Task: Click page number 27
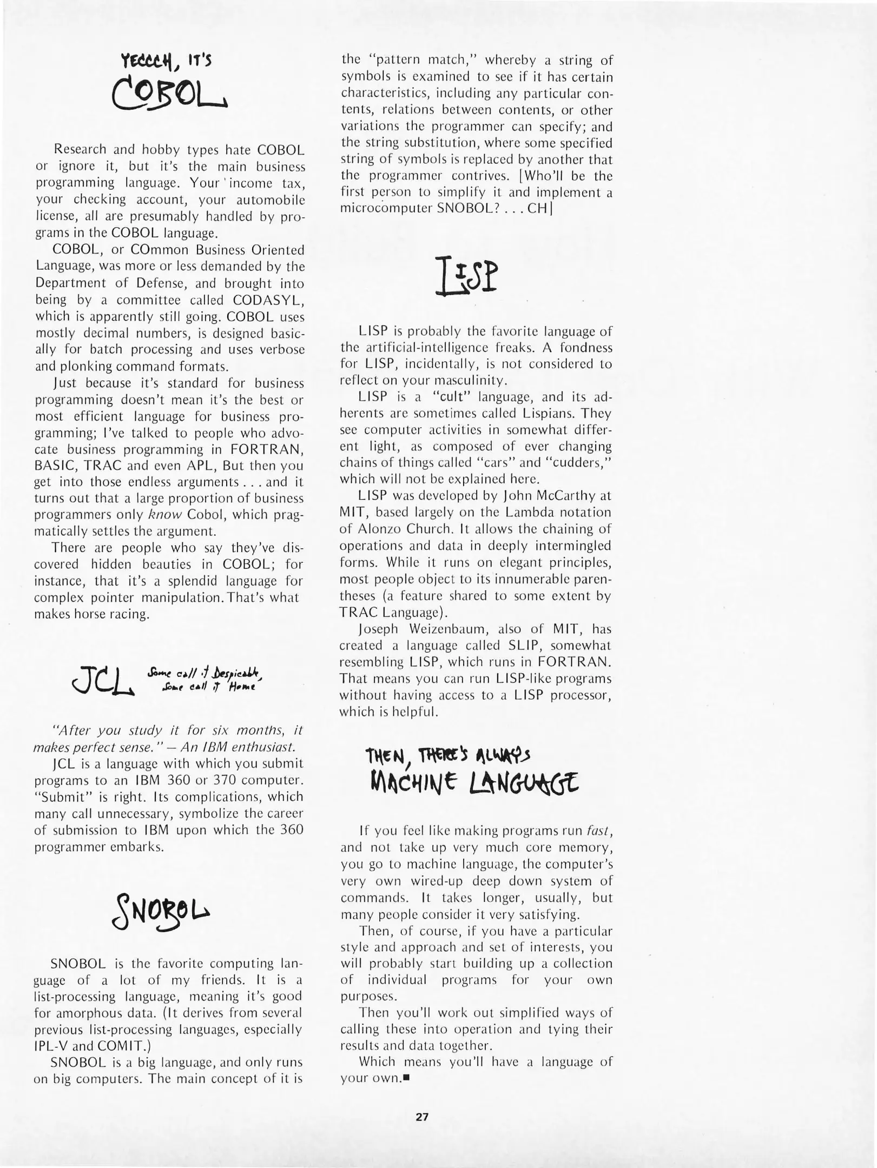click(x=422, y=1116)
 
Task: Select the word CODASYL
click(x=268, y=300)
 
